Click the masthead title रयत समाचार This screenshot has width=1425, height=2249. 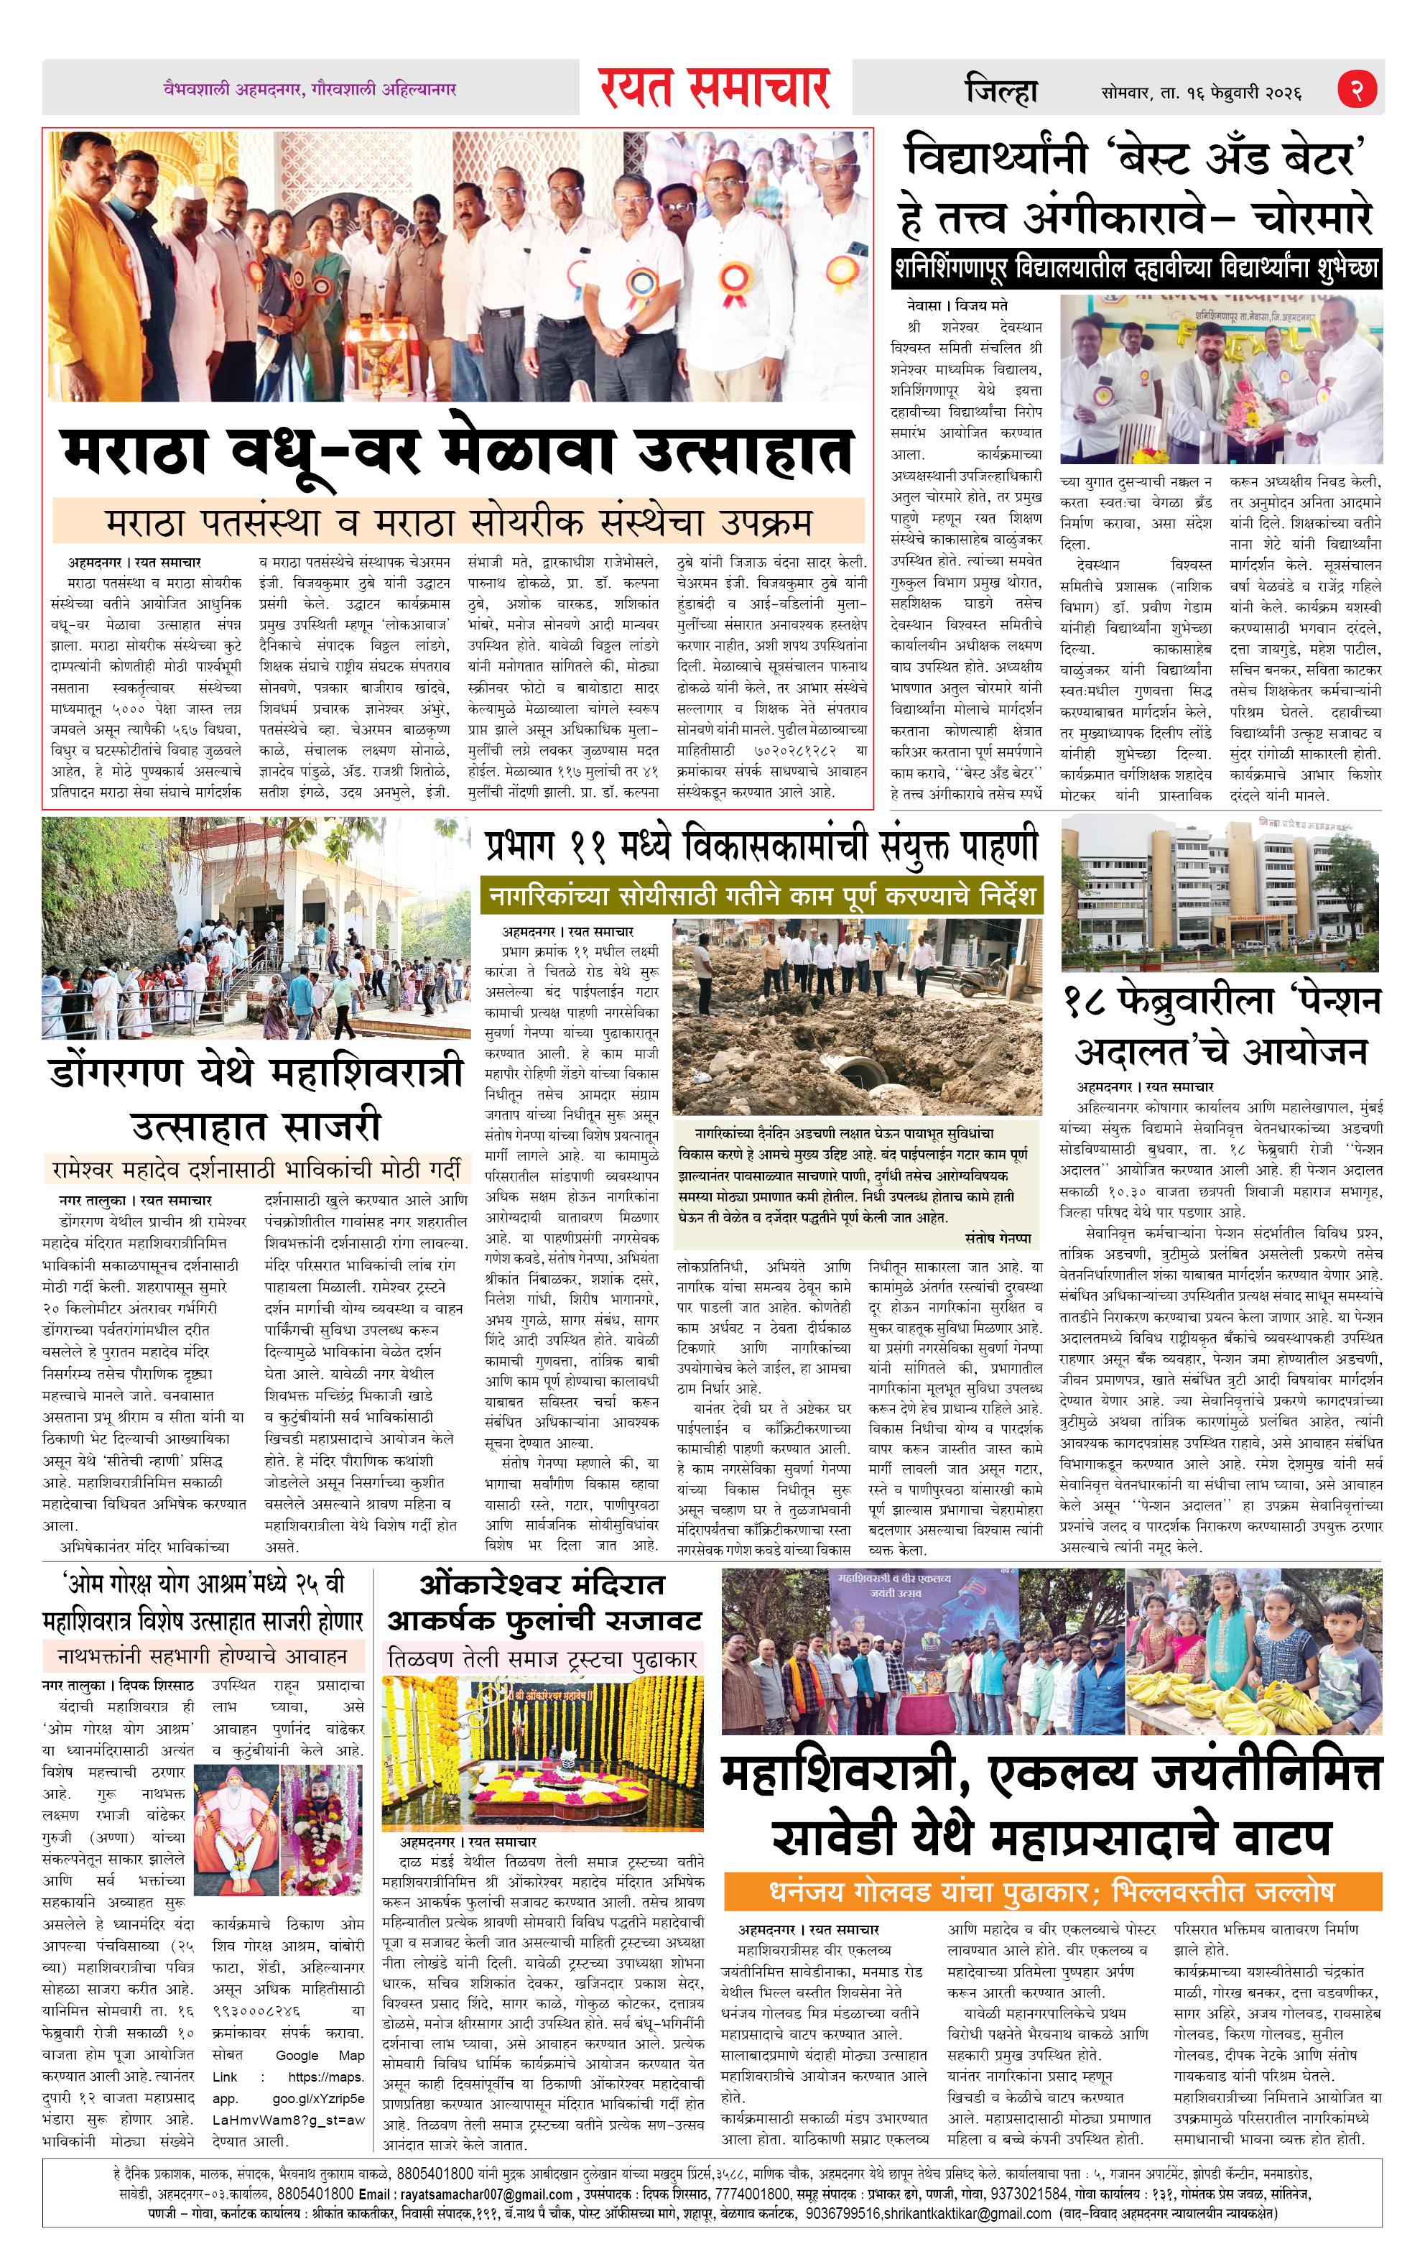[715, 88]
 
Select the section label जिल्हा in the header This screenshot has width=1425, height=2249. [1001, 91]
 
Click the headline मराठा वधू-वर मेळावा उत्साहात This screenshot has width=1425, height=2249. [458, 452]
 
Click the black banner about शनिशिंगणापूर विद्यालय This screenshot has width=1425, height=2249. [1136, 269]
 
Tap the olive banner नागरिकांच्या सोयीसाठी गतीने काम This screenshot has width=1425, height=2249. [761, 897]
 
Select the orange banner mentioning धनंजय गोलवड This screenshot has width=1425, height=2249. [1052, 1892]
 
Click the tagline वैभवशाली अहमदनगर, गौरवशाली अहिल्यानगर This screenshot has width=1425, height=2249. [309, 90]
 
